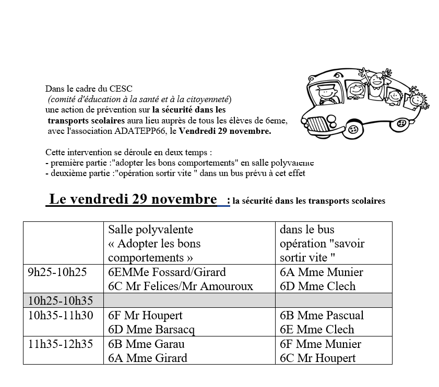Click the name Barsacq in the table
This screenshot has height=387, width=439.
coord(175,330)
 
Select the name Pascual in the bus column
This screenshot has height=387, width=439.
coord(345,315)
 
